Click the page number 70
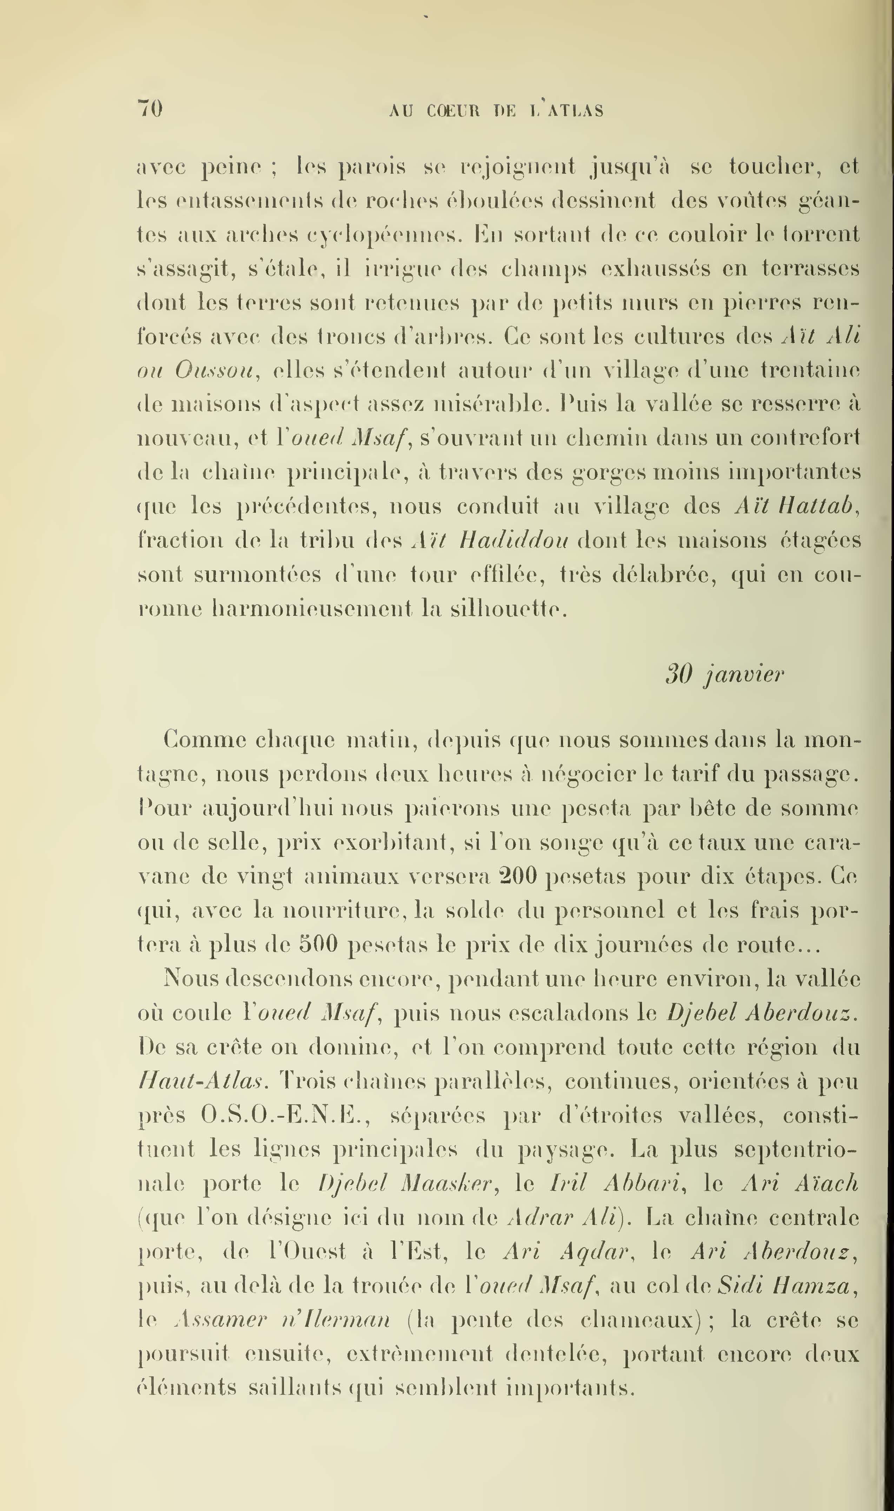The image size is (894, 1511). click(150, 109)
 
